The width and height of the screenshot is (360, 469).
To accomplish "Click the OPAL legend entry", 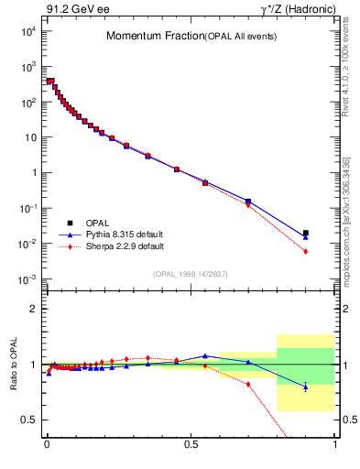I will click(94, 223).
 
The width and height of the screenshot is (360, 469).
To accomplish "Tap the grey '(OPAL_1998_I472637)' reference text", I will click(190, 273).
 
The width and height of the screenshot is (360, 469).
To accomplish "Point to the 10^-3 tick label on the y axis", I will click(27, 278).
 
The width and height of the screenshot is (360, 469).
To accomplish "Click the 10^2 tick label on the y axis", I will click(27, 102).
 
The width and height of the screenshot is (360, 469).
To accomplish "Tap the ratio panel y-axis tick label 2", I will click(32, 309).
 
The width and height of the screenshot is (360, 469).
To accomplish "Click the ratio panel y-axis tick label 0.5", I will click(29, 420).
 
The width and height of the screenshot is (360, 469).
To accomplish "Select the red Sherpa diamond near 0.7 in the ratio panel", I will click(248, 384).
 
